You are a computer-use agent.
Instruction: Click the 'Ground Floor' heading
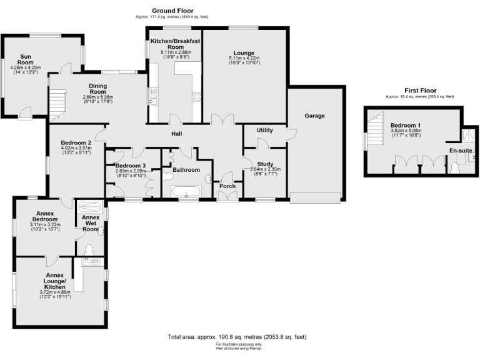pyautogui.click(x=172, y=11)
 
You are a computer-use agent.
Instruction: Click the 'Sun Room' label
pyautogui.click(x=25, y=59)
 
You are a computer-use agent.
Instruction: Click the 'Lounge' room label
pyautogui.click(x=244, y=53)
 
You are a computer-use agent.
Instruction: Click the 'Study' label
pyautogui.click(x=266, y=163)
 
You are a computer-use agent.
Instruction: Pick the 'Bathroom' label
pyautogui.click(x=186, y=169)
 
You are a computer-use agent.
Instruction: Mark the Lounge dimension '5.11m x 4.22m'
pyautogui.click(x=244, y=59)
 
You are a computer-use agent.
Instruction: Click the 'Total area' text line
pyautogui.click(x=237, y=337)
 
